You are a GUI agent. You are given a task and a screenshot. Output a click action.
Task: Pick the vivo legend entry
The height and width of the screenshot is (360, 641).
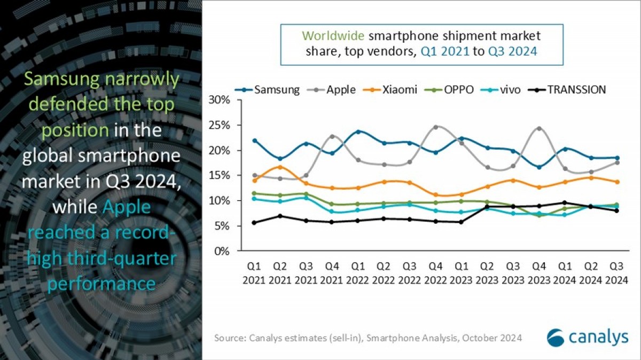[510, 90]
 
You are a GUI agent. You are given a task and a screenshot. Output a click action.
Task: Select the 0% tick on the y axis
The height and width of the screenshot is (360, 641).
[222, 251]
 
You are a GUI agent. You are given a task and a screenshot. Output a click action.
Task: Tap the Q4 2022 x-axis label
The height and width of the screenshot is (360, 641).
[435, 272]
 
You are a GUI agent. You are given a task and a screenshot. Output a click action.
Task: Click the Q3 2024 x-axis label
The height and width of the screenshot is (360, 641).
[615, 272]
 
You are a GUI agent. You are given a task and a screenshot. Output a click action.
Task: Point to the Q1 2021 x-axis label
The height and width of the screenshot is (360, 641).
[255, 272]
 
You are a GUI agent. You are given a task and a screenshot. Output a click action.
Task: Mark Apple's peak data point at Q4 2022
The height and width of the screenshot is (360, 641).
[435, 127]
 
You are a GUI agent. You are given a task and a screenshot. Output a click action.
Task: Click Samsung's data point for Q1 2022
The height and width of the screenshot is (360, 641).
[358, 131]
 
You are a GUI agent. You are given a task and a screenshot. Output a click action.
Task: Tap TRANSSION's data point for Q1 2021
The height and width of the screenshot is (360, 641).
[255, 223]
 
